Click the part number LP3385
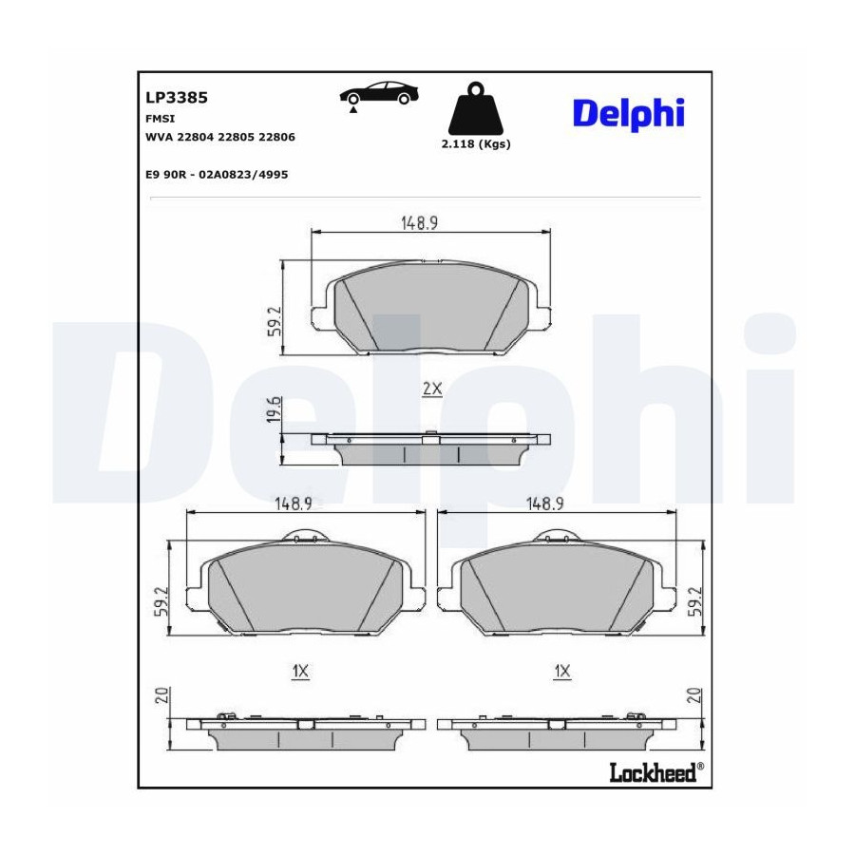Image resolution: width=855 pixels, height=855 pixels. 177,98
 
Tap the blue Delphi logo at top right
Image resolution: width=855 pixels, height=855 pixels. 628,114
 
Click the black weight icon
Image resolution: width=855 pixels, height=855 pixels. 476,108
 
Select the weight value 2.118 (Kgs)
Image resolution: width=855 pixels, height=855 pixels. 476,144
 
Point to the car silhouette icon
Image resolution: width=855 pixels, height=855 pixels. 379,96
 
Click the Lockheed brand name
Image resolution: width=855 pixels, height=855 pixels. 654,772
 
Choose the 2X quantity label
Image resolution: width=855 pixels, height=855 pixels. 432,389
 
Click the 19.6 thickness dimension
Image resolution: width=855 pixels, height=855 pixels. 275,408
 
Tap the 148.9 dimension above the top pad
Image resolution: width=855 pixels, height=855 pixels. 419,223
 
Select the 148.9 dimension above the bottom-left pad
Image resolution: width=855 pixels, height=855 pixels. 293,503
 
